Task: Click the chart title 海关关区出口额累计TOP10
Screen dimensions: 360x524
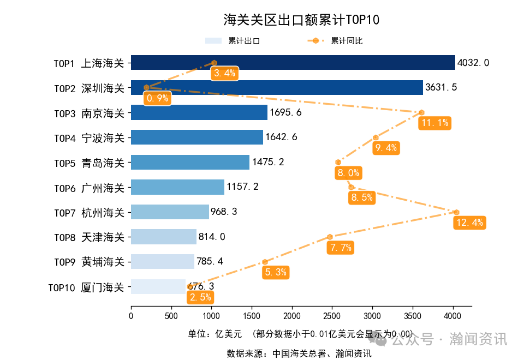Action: (301, 20)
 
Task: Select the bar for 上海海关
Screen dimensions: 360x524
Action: (293, 63)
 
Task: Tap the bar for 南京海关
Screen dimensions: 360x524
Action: (199, 112)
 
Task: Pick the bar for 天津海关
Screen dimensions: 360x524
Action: (164, 237)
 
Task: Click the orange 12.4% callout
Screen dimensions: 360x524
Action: (470, 223)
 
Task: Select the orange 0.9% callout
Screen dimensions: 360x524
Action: (157, 98)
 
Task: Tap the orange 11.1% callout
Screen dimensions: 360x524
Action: (435, 123)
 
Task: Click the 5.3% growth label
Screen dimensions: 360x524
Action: (276, 272)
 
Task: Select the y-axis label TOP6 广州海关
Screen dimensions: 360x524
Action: (89, 188)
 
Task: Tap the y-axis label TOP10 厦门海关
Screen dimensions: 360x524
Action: (86, 287)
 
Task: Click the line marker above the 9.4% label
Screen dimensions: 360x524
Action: (376, 137)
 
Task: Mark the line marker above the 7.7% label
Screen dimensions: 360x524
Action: (330, 237)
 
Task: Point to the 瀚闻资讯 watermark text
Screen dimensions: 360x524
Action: (478, 339)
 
